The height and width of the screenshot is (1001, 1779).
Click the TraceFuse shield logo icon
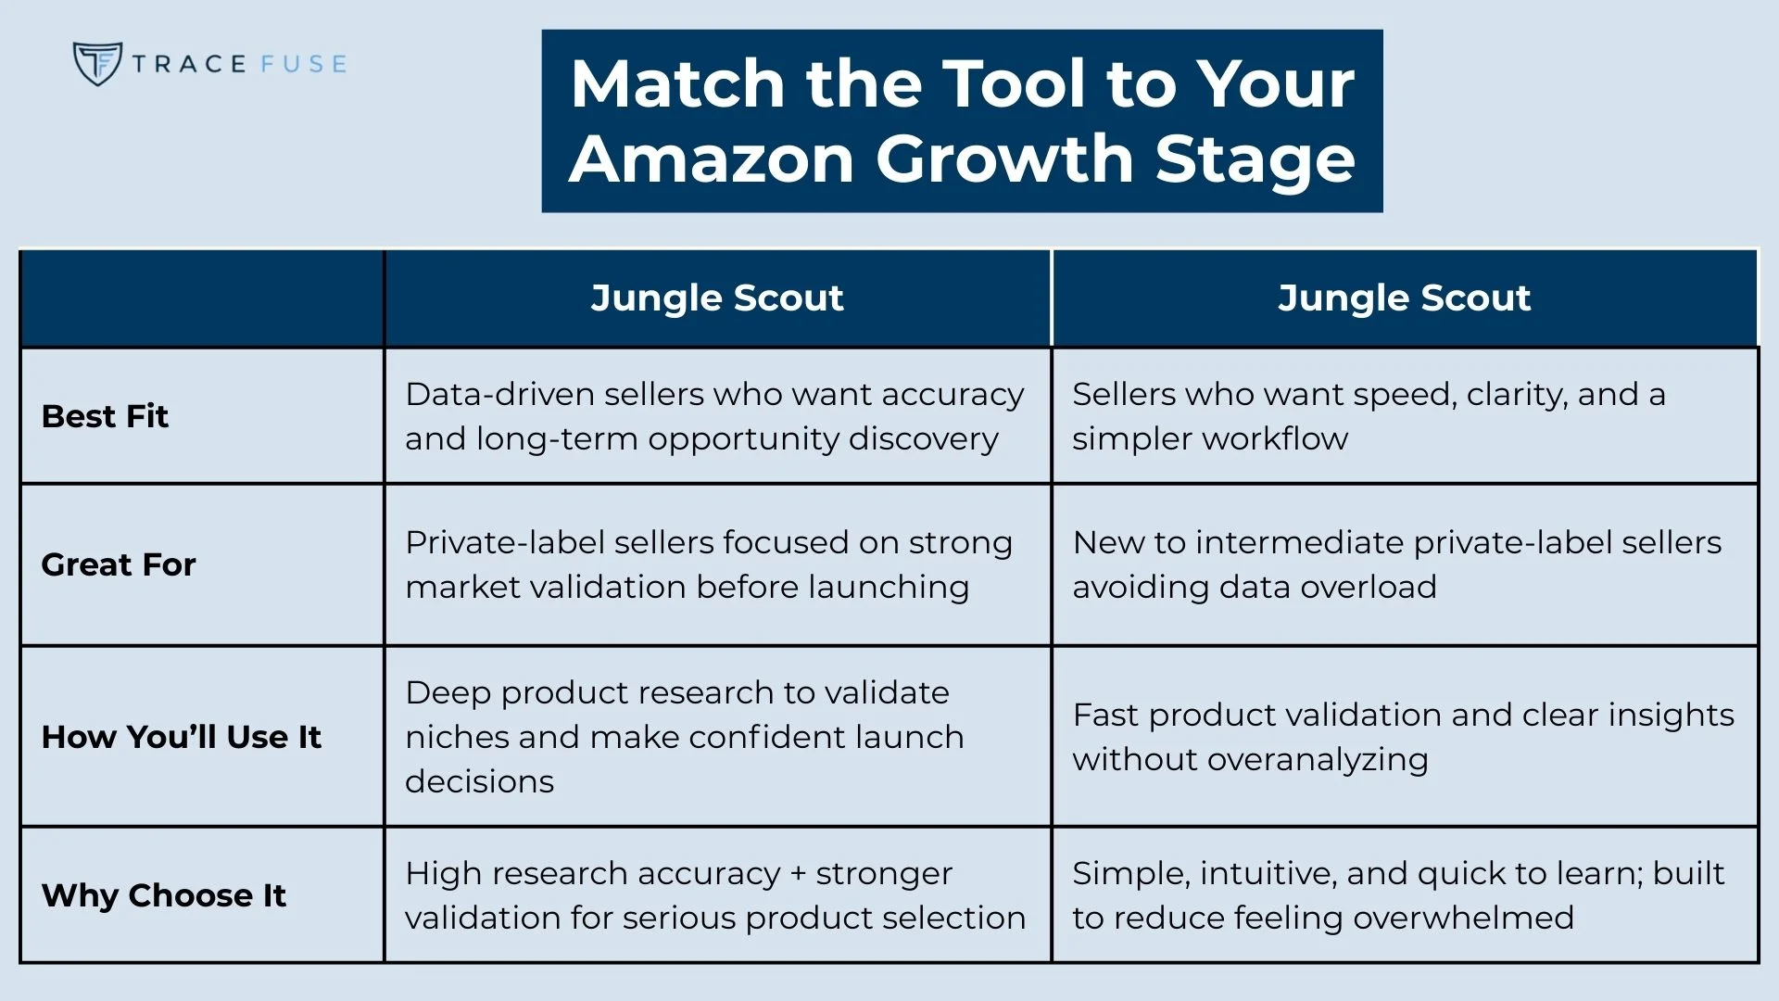coord(96,64)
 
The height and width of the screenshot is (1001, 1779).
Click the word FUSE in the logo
coord(303,64)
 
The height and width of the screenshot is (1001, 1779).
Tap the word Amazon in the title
coord(711,158)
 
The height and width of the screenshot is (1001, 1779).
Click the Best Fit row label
coord(105,416)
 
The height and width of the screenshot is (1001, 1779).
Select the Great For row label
coord(119,564)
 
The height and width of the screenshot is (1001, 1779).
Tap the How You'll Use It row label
coord(181,737)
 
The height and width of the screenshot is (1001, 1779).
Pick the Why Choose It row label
coord(163,895)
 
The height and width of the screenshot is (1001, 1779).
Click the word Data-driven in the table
coord(498,395)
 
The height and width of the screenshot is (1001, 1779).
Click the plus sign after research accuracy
coord(798,874)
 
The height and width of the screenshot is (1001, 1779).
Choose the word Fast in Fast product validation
coord(1105,715)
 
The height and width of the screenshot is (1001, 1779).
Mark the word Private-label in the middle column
coord(504,542)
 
